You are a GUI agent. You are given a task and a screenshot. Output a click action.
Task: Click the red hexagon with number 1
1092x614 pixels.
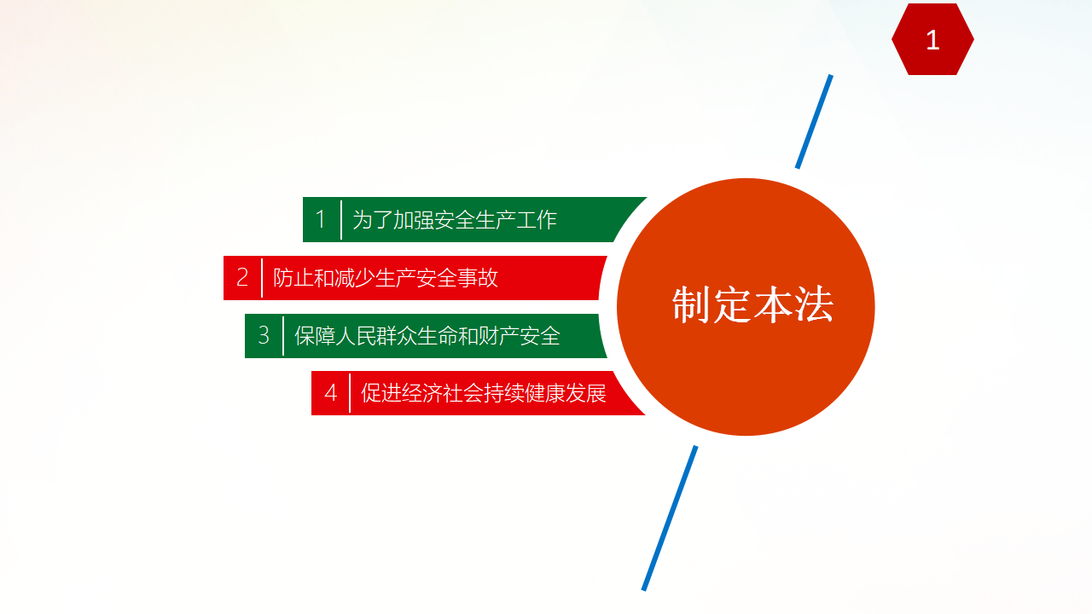pyautogui.click(x=932, y=39)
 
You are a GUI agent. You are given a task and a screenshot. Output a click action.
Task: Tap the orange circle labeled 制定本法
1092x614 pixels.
pyautogui.click(x=746, y=306)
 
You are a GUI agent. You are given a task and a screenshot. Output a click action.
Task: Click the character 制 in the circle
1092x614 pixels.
pyautogui.click(x=691, y=305)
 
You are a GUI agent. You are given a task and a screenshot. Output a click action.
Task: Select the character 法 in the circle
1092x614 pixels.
pyautogui.click(x=814, y=305)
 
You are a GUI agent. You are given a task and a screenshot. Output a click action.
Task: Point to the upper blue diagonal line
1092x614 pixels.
pyautogui.click(x=814, y=122)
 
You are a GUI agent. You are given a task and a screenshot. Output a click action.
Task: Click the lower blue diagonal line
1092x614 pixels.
pyautogui.click(x=670, y=518)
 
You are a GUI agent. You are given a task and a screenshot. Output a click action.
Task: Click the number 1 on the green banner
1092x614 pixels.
pyautogui.click(x=320, y=219)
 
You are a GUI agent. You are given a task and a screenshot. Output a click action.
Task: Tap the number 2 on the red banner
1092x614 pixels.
pyautogui.click(x=242, y=277)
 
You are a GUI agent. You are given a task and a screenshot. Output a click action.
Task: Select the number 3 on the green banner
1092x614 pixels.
pyautogui.click(x=264, y=335)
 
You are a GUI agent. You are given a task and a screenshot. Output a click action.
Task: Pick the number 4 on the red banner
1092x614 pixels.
pyautogui.click(x=330, y=393)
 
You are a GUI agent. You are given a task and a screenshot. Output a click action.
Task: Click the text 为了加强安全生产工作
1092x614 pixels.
pyautogui.click(x=455, y=220)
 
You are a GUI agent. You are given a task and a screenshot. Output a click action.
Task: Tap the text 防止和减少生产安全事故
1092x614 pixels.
pyautogui.click(x=385, y=278)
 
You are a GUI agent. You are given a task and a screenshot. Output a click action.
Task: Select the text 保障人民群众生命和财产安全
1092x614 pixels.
pyautogui.click(x=427, y=336)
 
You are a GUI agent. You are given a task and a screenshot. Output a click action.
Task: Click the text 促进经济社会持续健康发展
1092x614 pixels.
pyautogui.click(x=483, y=393)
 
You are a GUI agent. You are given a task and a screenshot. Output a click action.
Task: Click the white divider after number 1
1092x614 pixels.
pyautogui.click(x=341, y=219)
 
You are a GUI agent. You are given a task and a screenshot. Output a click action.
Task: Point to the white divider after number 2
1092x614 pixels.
pyautogui.click(x=262, y=278)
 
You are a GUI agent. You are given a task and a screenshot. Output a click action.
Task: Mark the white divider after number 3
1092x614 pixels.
pyautogui.click(x=283, y=336)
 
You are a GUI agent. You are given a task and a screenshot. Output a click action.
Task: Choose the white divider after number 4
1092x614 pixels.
pyautogui.click(x=350, y=393)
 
